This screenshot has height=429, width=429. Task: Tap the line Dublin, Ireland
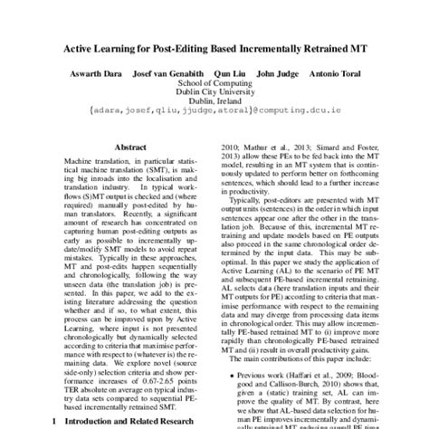click(214, 108)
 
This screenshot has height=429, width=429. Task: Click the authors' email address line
click(214, 119)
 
